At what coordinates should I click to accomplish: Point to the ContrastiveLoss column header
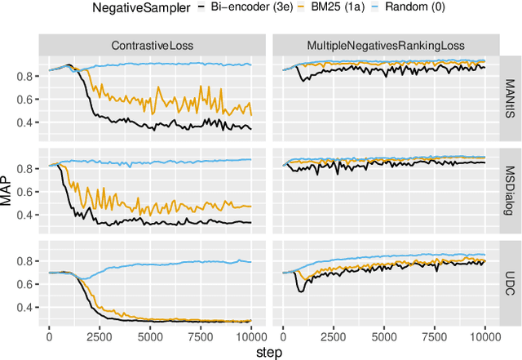point(151,46)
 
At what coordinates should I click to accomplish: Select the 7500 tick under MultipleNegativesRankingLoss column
point(435,335)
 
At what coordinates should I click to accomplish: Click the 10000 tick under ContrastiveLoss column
point(250,335)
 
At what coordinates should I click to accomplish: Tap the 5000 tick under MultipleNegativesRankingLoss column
point(384,335)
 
